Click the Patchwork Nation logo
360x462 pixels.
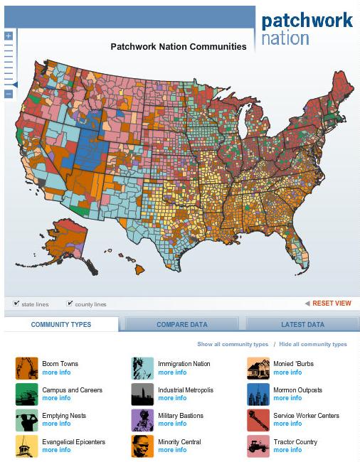(307, 28)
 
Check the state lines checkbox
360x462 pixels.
(16, 303)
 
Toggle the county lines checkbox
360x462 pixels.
(70, 303)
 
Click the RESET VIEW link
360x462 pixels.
(332, 303)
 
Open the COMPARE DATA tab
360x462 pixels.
(182, 325)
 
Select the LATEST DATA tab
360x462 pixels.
(302, 325)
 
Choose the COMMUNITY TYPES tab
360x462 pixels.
(61, 325)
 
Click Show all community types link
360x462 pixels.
(233, 344)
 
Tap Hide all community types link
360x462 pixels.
(313, 344)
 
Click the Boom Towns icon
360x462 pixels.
(27, 368)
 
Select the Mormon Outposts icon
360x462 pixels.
(258, 394)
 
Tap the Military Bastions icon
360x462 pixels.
(142, 420)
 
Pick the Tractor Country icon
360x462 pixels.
(258, 446)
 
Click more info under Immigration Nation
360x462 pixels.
(172, 372)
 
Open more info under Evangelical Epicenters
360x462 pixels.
(56, 450)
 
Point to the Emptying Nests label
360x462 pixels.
(64, 416)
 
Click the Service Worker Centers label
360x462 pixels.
(306, 416)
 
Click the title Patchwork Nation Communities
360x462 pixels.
(179, 47)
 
